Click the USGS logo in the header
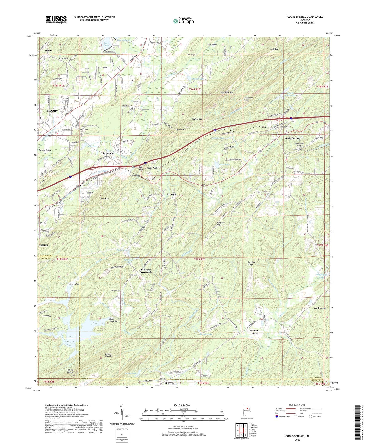(56, 19)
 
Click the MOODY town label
(52, 111)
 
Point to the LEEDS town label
(43, 245)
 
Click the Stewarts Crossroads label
(146, 271)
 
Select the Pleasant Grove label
(255, 332)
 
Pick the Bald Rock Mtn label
(227, 93)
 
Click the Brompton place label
(109, 153)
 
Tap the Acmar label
(48, 50)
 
